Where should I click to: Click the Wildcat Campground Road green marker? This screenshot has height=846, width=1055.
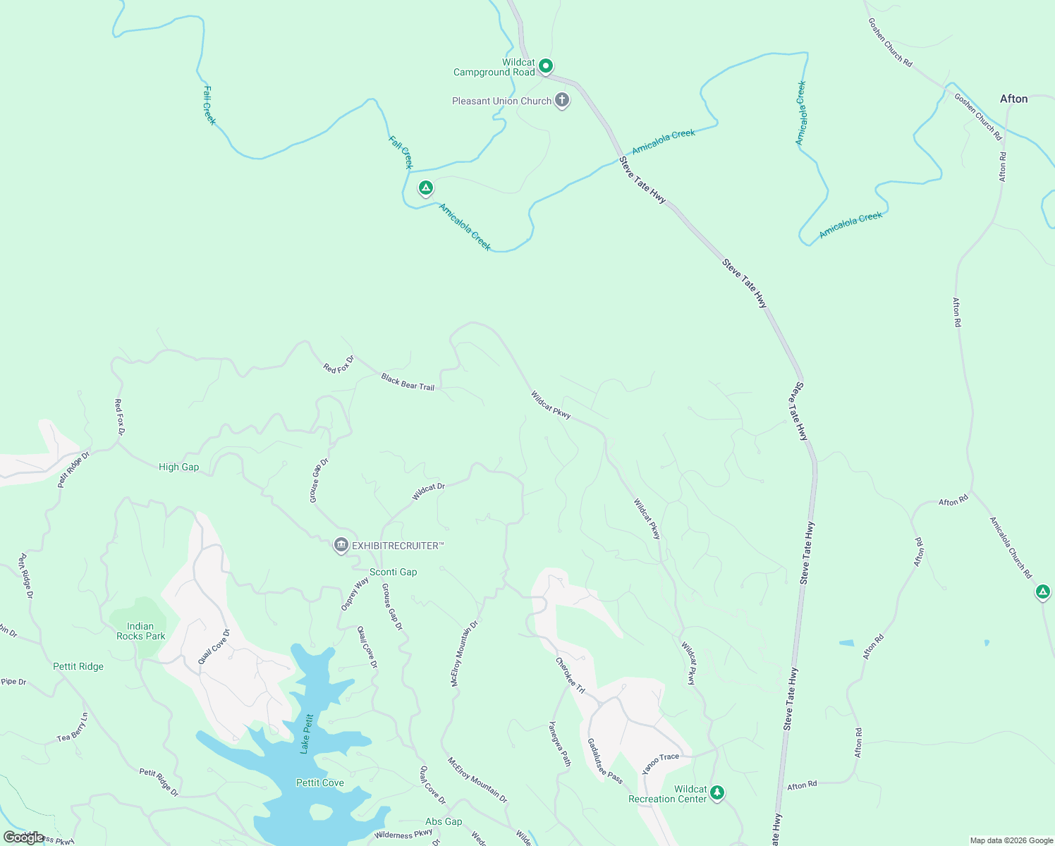545,66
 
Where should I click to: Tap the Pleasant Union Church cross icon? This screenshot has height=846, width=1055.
562,100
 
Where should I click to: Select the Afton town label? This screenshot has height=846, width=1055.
1013,99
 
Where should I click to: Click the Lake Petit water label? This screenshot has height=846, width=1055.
307,734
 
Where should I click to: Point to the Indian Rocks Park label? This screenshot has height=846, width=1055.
140,631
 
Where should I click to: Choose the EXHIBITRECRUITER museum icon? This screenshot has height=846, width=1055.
341,545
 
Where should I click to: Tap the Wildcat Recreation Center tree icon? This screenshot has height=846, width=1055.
717,792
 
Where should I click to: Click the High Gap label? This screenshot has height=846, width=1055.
178,467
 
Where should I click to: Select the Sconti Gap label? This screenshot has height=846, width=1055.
393,572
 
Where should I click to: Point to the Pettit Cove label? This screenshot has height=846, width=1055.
320,783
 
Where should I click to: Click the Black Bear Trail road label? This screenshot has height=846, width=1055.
408,382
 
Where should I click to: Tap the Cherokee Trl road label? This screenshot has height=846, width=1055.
570,675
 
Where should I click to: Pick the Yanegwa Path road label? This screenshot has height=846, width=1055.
560,743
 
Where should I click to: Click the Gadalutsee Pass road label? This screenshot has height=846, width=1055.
605,761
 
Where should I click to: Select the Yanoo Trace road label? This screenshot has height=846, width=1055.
661,763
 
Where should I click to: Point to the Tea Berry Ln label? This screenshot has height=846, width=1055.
73,728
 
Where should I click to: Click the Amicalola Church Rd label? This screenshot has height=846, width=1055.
1011,548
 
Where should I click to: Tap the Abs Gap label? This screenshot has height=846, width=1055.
444,821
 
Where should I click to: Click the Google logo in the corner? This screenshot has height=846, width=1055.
23,838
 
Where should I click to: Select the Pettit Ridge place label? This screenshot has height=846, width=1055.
78,666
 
